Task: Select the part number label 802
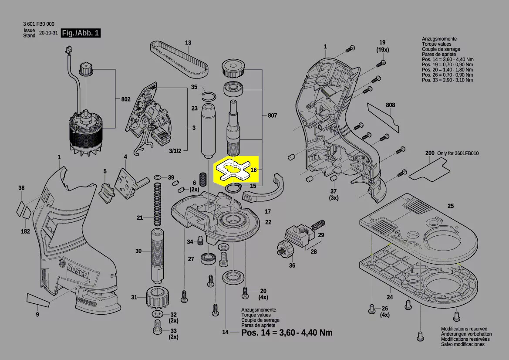[x=126, y=99]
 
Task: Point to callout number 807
[x=272, y=116]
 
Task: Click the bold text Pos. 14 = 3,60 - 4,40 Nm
[x=287, y=333]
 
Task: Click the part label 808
[x=390, y=105]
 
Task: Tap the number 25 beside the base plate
[x=450, y=206]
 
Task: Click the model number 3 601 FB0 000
[x=39, y=24]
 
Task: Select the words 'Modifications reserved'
[x=464, y=329]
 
